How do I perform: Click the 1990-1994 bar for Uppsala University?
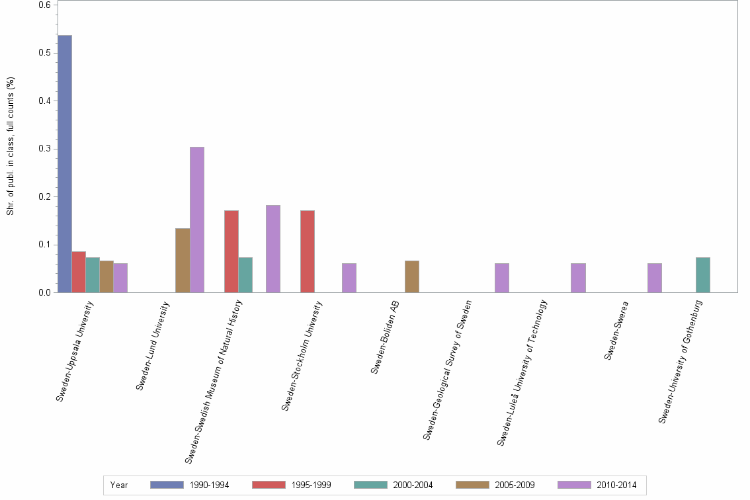coord(65,164)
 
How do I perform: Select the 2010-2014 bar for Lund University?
coord(197,220)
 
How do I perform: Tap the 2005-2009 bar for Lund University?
coord(183,261)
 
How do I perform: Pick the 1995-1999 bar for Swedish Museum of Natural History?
coord(231,251)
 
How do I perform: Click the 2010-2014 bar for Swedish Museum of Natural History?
coord(273,249)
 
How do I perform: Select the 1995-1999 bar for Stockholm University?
coord(308,251)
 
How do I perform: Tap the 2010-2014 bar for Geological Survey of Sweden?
coord(502,278)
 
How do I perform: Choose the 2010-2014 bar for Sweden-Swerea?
coord(655,278)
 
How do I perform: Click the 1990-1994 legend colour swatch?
coord(167,485)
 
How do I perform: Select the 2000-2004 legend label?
coord(413,485)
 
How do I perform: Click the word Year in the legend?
coord(119,485)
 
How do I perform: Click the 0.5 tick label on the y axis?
coord(44,53)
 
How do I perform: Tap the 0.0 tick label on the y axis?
coord(44,292)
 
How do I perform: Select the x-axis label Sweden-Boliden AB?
coord(385,337)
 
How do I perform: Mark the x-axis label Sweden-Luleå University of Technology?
coord(522,372)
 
